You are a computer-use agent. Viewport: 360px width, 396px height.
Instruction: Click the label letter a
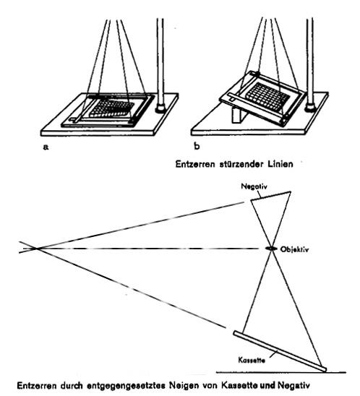(x=46, y=147)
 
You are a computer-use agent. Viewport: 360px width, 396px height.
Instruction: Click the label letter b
(x=197, y=146)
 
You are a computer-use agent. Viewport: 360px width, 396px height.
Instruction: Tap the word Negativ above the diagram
(x=251, y=186)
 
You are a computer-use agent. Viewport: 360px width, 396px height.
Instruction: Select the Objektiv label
(x=294, y=249)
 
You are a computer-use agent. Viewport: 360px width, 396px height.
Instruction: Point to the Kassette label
(x=252, y=360)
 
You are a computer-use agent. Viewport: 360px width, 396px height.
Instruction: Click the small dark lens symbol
(x=271, y=249)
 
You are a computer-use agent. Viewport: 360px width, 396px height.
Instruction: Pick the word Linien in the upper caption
(x=280, y=164)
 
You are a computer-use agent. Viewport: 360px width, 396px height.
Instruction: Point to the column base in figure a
(x=160, y=108)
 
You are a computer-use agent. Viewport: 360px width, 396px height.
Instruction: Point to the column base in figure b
(x=309, y=108)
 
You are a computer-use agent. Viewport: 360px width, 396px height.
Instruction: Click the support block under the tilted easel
(x=239, y=115)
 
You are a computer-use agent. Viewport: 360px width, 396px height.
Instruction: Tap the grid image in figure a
(x=112, y=108)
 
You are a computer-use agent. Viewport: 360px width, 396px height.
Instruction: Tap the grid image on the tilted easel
(x=267, y=97)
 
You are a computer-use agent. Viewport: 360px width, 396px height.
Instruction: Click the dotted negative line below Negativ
(x=270, y=196)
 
